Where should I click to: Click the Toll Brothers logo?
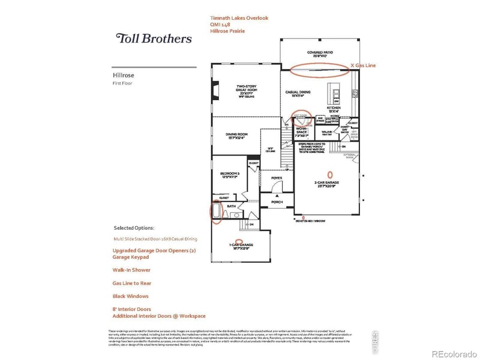(x=154, y=38)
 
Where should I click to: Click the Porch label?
(x=277, y=202)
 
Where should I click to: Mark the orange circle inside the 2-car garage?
(x=328, y=175)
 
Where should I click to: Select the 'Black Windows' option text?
(x=130, y=296)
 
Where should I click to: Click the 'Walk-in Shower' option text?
(x=132, y=269)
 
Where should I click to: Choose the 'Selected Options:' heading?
(x=134, y=228)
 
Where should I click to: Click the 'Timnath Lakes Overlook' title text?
(x=239, y=18)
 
